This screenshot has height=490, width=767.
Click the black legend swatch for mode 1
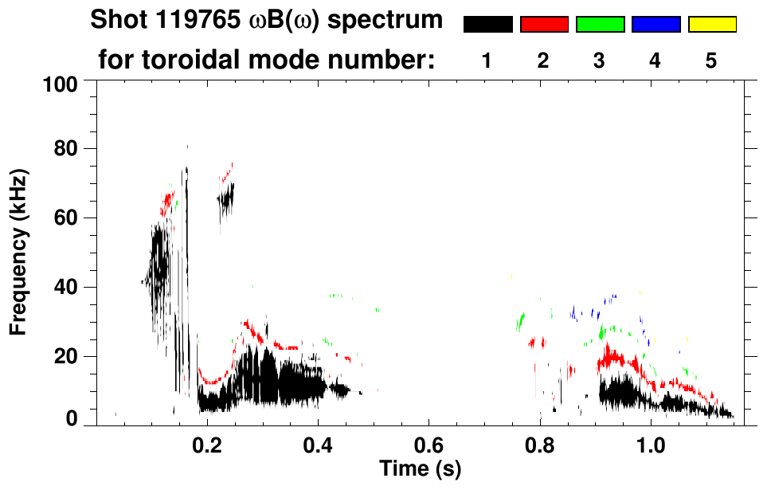(488, 25)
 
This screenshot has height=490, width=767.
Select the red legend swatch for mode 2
(544, 25)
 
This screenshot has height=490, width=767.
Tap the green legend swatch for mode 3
(600, 25)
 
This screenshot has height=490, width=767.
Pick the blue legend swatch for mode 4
(655, 25)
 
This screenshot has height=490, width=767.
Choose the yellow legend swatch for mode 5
(711, 25)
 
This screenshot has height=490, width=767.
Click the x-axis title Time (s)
(420, 467)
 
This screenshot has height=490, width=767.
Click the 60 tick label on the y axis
(76, 218)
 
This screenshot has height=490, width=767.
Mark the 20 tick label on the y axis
(76, 356)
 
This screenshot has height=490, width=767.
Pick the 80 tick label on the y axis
(76, 149)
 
